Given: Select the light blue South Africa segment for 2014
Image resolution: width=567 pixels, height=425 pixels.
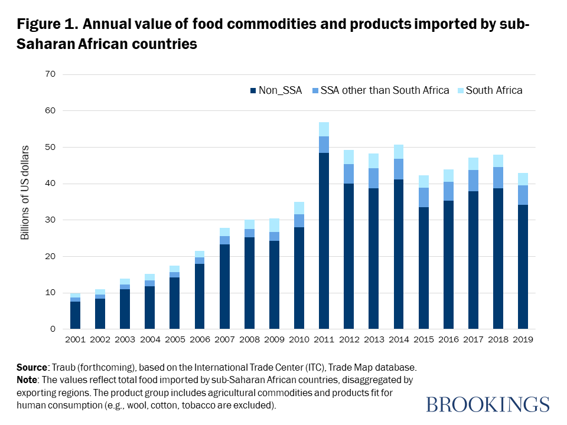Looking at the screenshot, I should point(399,152).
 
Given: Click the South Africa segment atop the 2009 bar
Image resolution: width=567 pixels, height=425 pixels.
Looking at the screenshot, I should point(274,225).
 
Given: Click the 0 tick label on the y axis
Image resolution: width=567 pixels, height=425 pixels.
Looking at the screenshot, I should point(52,329).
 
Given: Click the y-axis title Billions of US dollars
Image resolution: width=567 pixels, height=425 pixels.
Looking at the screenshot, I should point(25,202).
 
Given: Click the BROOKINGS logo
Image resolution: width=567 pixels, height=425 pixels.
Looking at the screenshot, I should point(487,404).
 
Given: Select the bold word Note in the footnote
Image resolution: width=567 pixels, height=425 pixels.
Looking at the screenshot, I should point(30,381).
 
